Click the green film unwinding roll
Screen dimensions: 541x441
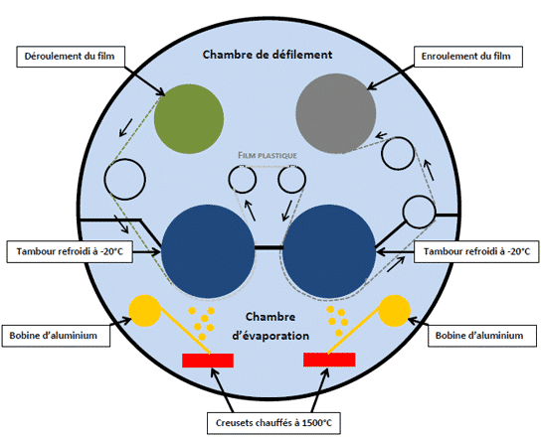point(189,118)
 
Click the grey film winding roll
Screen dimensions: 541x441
point(336,113)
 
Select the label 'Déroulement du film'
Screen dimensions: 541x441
point(71,57)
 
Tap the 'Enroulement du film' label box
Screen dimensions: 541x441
point(467,57)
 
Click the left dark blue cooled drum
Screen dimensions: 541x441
point(208,251)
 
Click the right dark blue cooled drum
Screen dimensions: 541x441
point(329,251)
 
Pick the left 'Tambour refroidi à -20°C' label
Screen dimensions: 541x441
point(70,251)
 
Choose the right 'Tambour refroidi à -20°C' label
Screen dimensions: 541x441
point(476,251)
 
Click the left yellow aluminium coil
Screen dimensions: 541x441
point(144,311)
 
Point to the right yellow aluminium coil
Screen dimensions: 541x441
point(395,311)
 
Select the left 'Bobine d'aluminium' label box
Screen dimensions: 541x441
point(56,336)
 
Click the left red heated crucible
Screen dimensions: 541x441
point(208,361)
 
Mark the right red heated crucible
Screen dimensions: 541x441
point(329,360)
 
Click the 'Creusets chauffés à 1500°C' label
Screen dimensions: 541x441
point(273,423)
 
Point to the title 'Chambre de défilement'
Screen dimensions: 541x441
point(268,55)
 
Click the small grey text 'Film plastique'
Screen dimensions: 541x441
point(268,155)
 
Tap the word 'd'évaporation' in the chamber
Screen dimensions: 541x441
point(270,336)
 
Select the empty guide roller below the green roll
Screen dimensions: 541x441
point(125,179)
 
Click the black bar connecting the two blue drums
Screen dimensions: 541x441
point(269,247)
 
